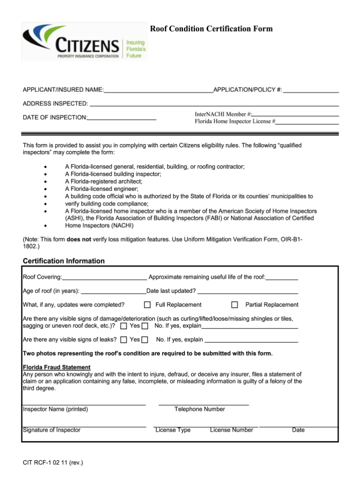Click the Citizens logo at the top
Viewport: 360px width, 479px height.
[84, 42]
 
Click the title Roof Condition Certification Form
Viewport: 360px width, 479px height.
[211, 29]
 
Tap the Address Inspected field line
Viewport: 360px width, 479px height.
[214, 103]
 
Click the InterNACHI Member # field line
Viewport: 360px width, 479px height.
[295, 114]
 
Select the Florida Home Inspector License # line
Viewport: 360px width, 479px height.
[307, 122]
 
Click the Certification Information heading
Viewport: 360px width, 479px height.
[64, 261]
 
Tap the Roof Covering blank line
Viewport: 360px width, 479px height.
[105, 277]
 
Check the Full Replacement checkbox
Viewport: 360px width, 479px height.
[147, 305]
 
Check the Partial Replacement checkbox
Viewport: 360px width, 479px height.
[235, 305]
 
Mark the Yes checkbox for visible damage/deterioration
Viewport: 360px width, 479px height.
[124, 326]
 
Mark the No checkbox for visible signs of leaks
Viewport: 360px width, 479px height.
[145, 340]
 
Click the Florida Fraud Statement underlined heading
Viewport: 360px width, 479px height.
[57, 367]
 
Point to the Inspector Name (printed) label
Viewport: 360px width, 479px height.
[55, 409]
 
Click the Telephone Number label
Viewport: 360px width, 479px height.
[200, 409]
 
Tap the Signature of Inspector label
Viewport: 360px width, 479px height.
[52, 430]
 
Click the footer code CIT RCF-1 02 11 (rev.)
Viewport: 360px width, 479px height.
[53, 463]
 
